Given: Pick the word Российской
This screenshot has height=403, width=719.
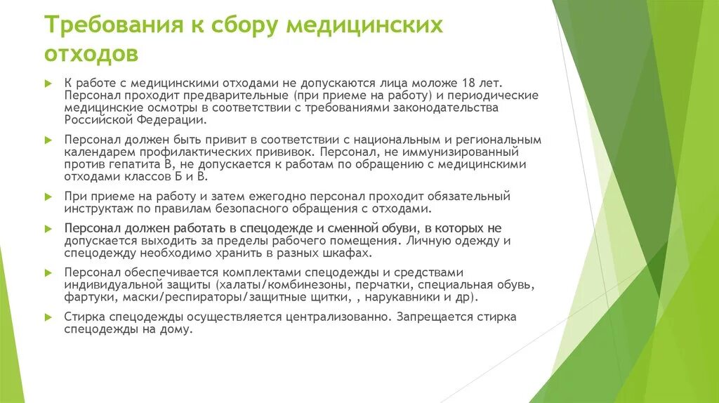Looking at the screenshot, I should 98,120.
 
